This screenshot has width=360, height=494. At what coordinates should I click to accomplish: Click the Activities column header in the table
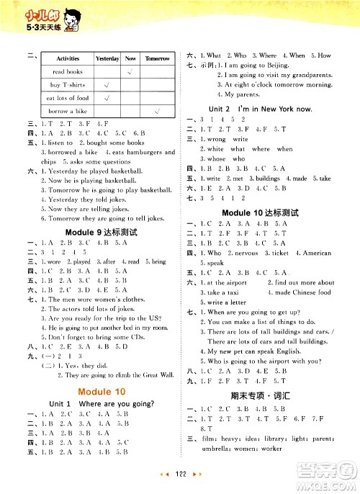click(x=68, y=58)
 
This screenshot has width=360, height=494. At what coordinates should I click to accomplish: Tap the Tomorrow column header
click(x=157, y=58)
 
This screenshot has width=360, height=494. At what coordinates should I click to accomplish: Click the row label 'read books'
click(x=68, y=71)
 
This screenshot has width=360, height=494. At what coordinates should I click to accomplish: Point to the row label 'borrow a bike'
click(x=68, y=111)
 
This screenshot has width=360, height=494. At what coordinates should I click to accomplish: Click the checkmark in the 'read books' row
click(x=130, y=71)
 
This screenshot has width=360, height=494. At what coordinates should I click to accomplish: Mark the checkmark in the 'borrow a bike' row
click(x=157, y=111)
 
